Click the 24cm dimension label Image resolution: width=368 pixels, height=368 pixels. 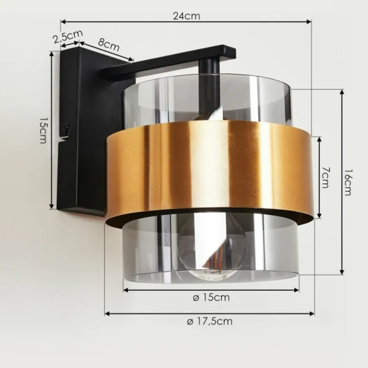tap(186, 16)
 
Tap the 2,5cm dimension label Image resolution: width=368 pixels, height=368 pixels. tap(68, 36)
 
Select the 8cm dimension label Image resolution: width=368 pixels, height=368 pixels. tap(108, 44)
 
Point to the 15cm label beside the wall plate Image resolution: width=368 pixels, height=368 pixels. tap(43, 130)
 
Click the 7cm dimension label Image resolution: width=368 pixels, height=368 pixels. tap(325, 177)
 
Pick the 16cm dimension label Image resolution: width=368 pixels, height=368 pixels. tap(347, 182)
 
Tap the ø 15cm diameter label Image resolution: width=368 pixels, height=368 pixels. tap(211, 298)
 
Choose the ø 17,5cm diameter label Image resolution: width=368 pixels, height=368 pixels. tap(210, 321)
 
